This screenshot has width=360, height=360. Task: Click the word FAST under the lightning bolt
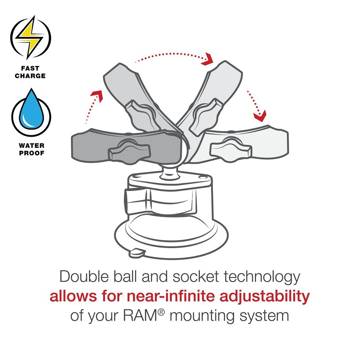pos(30,68)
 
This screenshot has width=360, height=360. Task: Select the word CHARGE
pos(30,76)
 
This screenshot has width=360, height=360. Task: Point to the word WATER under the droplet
pos(31,145)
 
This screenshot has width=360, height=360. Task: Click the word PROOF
pos(31,153)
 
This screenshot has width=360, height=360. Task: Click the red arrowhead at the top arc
pos(207,60)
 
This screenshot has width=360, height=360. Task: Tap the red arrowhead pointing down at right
pos(260,116)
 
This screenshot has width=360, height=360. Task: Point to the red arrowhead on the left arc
pos(97,95)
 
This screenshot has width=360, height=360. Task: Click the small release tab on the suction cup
pos(137,253)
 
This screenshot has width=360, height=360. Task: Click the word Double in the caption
pos(84,276)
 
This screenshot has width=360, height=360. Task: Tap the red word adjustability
pos(265,297)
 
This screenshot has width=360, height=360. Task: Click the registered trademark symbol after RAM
pos(162,312)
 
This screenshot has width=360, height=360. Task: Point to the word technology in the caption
pos(262,277)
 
